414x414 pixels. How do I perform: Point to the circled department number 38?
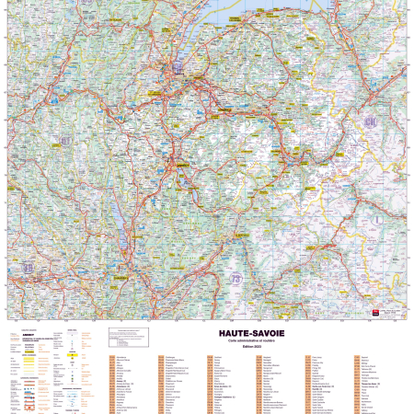(29, 267)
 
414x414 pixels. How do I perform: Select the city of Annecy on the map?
(176, 167)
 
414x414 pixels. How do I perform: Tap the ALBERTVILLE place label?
(241, 235)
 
